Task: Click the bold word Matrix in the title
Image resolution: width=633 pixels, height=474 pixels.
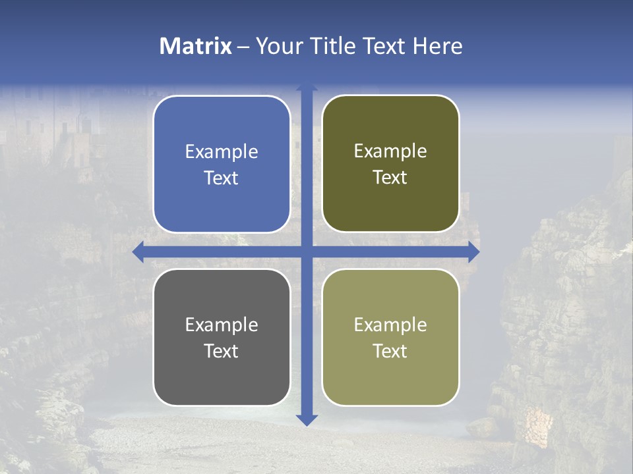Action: [x=196, y=46]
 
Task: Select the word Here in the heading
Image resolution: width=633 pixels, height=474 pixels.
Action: [x=437, y=46]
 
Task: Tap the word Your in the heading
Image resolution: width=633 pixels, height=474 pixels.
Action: [x=276, y=46]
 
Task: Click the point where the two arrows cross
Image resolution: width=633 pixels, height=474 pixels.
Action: [x=307, y=251]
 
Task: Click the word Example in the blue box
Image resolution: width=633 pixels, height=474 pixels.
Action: [x=222, y=152]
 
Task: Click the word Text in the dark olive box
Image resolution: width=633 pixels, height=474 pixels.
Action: [x=390, y=178]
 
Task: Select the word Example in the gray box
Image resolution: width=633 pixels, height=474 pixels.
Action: [x=222, y=325]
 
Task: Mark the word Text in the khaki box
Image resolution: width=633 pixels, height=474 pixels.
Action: [x=390, y=351]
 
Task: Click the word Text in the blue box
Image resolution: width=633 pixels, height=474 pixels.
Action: [x=222, y=178]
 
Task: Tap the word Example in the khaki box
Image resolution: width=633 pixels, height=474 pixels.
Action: [x=390, y=325]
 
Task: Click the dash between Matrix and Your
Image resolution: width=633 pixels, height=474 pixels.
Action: [x=243, y=47]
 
